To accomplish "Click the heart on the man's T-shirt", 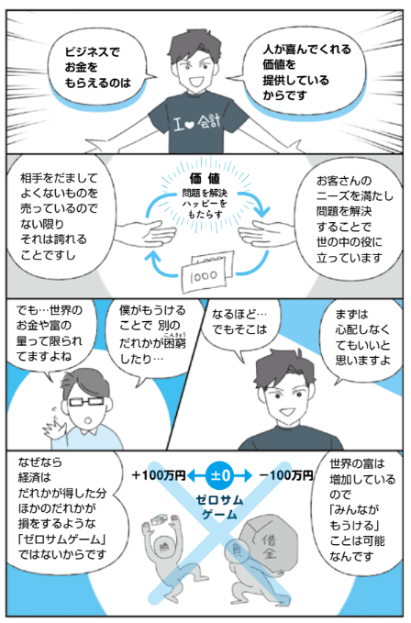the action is tap(190, 125).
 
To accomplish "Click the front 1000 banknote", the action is tap(204, 276).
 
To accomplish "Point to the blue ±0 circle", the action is tap(219, 475).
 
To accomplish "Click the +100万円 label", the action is tap(159, 475).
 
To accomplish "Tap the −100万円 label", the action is tap(286, 475).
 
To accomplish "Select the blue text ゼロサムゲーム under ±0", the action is tap(219, 507).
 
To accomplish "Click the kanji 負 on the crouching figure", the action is tap(238, 551).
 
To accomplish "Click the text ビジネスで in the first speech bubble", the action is tap(92, 52).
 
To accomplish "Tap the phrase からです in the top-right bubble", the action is tap(285, 95).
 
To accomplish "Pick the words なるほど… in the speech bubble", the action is tap(239, 315).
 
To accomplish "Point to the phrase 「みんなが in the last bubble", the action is tap(354, 510).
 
